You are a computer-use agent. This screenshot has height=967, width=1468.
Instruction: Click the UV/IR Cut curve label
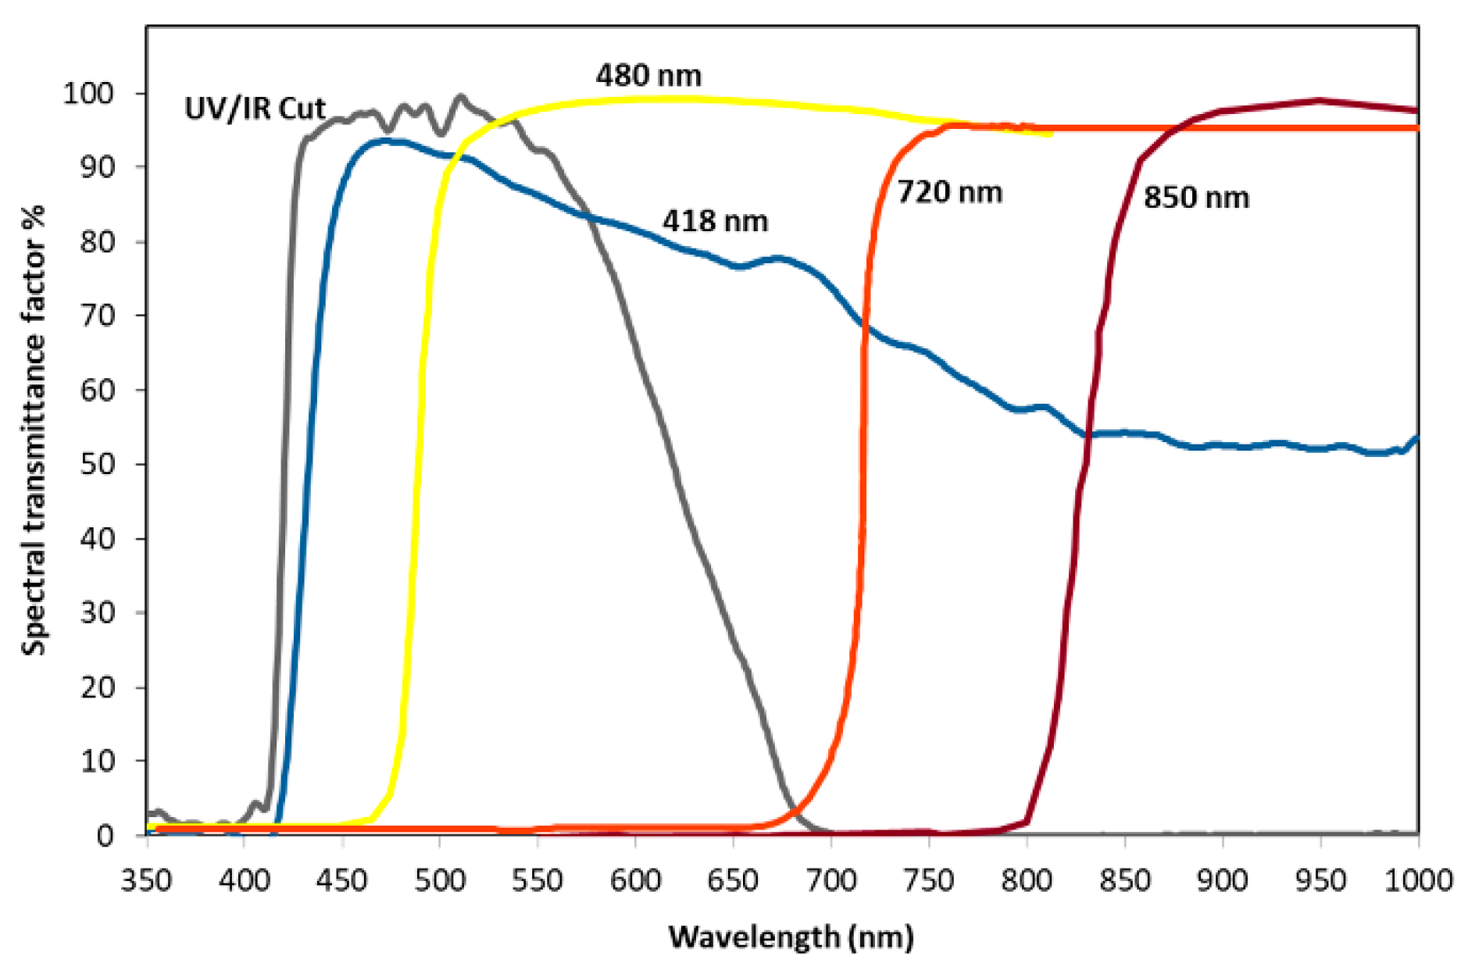pos(255,109)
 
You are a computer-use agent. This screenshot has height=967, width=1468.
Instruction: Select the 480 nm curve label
pos(648,76)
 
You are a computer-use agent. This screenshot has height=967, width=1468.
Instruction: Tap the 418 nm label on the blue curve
pos(715,222)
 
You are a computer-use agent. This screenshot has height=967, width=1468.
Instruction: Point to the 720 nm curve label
pos(949,192)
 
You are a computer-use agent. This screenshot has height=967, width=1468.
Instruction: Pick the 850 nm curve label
pos(1196,198)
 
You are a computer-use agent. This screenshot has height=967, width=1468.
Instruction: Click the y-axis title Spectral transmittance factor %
pos(34,430)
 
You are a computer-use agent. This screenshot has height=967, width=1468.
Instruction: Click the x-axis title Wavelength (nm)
pos(791,936)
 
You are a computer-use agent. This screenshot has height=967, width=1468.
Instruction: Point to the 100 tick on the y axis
pos(88,94)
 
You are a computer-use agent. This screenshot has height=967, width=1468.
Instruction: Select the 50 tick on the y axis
pos(97,464)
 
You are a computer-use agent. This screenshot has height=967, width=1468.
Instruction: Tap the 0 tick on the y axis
pos(105,836)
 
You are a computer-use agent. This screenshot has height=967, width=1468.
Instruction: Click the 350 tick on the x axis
pos(146,881)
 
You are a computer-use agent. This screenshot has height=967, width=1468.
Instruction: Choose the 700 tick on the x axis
pos(830,881)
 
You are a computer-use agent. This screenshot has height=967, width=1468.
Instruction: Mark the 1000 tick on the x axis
pos(1417,881)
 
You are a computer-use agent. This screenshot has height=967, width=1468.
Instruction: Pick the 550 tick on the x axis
pos(538,881)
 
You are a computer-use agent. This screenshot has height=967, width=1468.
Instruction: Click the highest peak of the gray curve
pos(460,97)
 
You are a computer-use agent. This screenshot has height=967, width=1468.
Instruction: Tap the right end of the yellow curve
pos(1051,134)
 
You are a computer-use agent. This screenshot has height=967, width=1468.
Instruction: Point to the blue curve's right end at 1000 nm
pos(1416,439)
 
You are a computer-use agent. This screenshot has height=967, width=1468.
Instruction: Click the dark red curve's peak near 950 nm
pos(1320,101)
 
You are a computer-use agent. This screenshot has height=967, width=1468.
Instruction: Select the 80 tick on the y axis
pos(97,242)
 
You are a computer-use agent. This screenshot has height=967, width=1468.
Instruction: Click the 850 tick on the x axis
pos(1124,881)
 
